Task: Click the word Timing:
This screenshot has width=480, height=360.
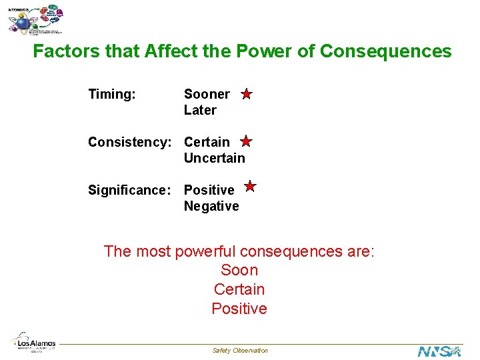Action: click(112, 94)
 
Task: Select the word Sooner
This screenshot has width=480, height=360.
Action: click(207, 94)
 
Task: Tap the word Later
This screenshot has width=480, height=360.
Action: click(200, 110)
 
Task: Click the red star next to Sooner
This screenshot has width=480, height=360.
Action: click(246, 94)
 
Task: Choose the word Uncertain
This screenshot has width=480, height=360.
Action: click(214, 158)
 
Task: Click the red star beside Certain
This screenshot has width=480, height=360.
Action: click(246, 141)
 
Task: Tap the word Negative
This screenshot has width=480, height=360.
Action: click(211, 206)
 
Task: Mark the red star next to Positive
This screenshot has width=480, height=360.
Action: click(250, 187)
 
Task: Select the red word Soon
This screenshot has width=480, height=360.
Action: click(239, 270)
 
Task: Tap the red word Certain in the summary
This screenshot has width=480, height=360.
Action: click(239, 289)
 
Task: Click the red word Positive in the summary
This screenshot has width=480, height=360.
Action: click(239, 309)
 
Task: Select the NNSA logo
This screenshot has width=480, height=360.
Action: click(439, 351)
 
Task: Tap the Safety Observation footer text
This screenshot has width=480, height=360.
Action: click(240, 351)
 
